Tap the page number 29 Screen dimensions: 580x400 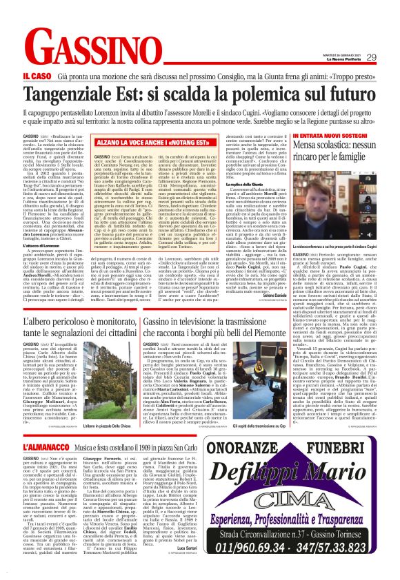371,58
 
